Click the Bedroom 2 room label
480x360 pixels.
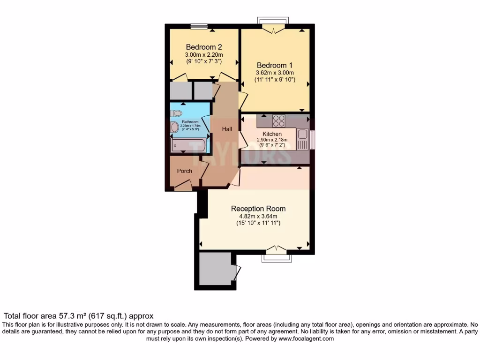[203, 47]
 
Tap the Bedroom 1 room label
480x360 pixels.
[274, 65]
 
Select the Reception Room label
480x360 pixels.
[258, 209]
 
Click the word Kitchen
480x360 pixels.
[272, 134]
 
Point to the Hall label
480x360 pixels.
[227, 129]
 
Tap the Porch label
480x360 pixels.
[184, 171]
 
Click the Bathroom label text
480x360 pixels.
[190, 122]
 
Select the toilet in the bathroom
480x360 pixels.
[176, 113]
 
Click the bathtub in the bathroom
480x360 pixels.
[188, 145]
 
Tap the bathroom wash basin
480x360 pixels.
[175, 127]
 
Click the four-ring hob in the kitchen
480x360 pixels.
[279, 121]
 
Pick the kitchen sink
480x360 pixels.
[303, 136]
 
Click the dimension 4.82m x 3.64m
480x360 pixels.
[258, 217]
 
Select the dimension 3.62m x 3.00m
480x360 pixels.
[274, 73]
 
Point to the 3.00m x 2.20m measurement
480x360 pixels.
[203, 54]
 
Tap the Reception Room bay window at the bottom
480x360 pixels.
[276, 256]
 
